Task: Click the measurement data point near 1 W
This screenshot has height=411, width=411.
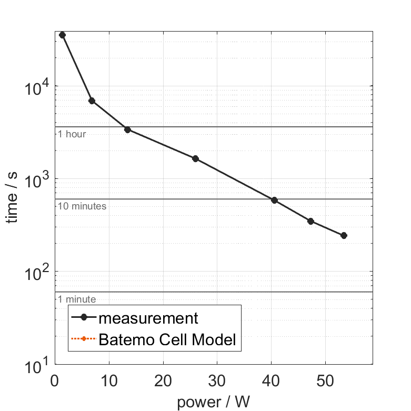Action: click(x=62, y=35)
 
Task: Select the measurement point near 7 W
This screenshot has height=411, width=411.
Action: click(x=92, y=101)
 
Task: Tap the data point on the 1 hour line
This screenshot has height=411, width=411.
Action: click(x=127, y=129)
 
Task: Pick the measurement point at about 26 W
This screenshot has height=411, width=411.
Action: click(x=195, y=158)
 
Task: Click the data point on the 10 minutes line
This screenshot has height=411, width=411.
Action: click(x=274, y=200)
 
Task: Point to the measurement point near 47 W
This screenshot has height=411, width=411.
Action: click(x=310, y=221)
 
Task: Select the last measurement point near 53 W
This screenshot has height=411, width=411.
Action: click(x=344, y=235)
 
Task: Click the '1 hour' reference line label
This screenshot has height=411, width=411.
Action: click(x=72, y=134)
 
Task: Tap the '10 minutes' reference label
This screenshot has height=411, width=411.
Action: click(x=82, y=206)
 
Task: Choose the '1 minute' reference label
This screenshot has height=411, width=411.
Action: click(x=77, y=299)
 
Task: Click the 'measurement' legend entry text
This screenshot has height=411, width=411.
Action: click(x=148, y=318)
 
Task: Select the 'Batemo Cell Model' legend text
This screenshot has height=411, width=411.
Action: click(x=168, y=340)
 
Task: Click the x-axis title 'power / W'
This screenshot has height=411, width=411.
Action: click(x=213, y=403)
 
